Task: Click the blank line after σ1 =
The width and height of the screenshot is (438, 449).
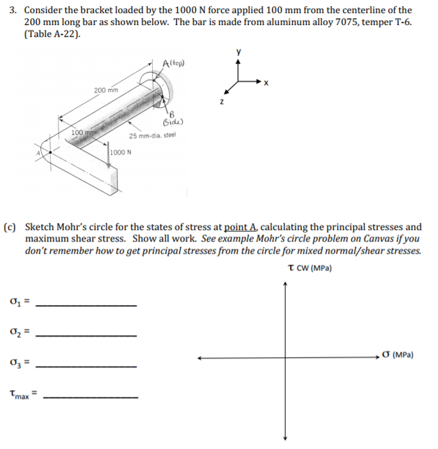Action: click(86, 306)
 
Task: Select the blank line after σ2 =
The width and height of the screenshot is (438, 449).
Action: click(86, 336)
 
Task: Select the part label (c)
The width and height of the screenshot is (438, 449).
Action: click(12, 227)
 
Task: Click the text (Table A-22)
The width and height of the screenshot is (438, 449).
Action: click(52, 35)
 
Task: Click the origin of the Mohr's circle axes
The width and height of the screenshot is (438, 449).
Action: click(284, 359)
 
